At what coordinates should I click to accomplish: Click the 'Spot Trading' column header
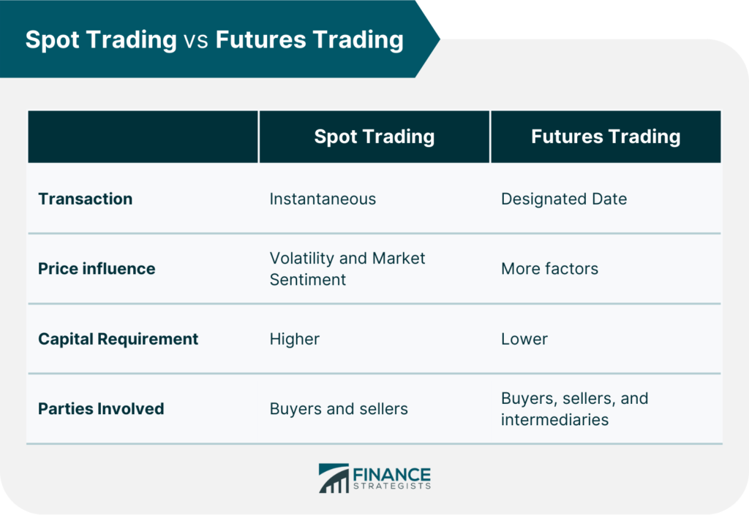tap(374, 137)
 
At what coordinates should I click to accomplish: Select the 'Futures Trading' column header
tap(606, 137)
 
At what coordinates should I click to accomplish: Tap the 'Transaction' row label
tap(85, 199)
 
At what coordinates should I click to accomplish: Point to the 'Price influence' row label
tap(97, 269)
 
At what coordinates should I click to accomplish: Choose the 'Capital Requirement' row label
tap(118, 338)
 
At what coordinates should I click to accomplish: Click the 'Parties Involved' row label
tap(101, 408)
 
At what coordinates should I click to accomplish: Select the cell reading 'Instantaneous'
tap(323, 199)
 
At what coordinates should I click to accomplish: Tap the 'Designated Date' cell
tap(564, 199)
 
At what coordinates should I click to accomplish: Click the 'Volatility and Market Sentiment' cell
tap(347, 269)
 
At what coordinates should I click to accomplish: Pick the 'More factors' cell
tap(549, 269)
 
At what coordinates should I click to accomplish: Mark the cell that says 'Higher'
tap(294, 339)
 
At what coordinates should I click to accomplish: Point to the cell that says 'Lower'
tap(524, 338)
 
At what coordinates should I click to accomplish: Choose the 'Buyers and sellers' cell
tap(339, 408)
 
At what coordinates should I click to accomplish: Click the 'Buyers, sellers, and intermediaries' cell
tap(575, 408)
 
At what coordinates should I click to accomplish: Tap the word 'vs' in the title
tap(196, 40)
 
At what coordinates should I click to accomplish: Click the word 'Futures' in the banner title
tap(261, 39)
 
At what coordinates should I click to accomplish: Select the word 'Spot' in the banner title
tap(52, 40)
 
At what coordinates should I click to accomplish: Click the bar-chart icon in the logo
tap(334, 478)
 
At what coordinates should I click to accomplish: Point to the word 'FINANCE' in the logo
tap(392, 475)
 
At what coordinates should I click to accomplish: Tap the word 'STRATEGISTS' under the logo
tap(392, 486)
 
